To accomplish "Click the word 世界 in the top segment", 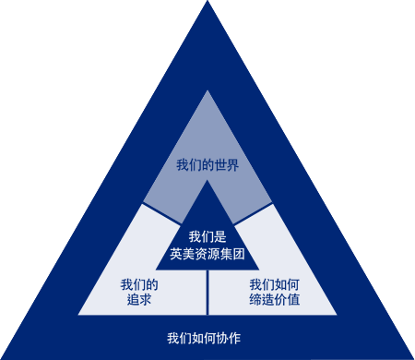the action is (x=226, y=166).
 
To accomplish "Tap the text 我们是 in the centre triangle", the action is (x=207, y=237).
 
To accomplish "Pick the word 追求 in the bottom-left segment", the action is (x=139, y=300).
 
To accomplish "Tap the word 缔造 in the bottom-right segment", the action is (x=262, y=300).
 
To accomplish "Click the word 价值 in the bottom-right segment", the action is (x=287, y=300).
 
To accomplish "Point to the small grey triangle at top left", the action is (x=147, y=95).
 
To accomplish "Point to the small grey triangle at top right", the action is (x=267, y=95).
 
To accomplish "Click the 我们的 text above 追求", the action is (x=139, y=284).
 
